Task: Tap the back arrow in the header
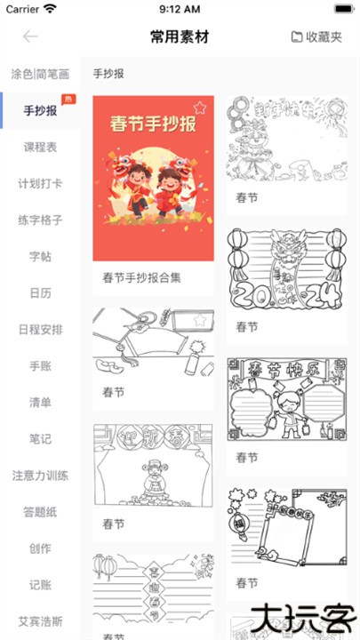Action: (x=31, y=36)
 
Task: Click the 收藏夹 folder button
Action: (x=316, y=36)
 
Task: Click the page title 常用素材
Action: (x=180, y=36)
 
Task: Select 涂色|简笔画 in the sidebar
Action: (x=40, y=74)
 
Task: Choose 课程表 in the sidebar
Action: (x=40, y=147)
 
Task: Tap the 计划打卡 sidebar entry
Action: (x=40, y=183)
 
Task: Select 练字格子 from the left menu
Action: (x=40, y=220)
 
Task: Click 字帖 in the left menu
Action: (x=40, y=256)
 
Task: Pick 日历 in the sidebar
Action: (x=40, y=292)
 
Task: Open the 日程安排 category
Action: (x=40, y=329)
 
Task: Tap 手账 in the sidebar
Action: (x=40, y=365)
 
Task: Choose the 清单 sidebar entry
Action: (x=40, y=402)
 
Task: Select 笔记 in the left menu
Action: (x=40, y=438)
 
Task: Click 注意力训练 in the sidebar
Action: (x=40, y=475)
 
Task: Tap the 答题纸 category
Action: (x=40, y=511)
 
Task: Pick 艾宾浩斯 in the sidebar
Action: (x=40, y=620)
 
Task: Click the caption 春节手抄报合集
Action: (x=142, y=277)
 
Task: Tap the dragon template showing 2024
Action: (x=285, y=268)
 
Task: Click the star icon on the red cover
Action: (x=200, y=108)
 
